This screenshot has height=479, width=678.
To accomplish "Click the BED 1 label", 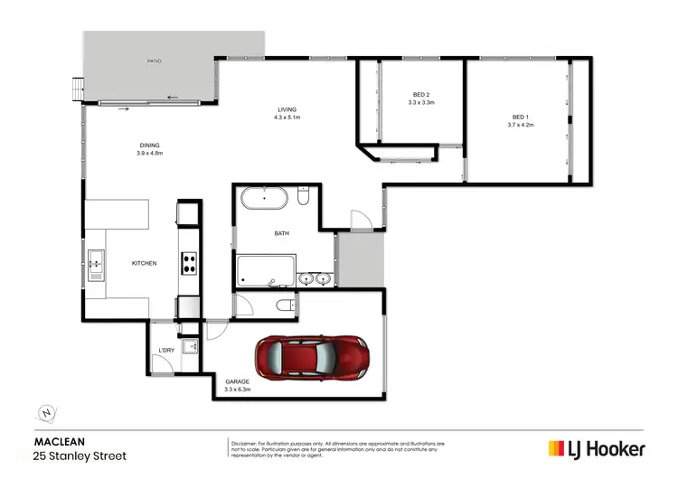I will (520, 117).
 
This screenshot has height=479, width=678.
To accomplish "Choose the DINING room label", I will (149, 146).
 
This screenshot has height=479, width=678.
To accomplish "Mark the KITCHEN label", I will (145, 263).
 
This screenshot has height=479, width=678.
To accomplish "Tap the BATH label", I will (282, 233).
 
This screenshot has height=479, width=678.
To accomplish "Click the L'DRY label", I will (165, 350).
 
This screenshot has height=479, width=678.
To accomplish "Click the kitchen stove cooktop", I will (190, 263).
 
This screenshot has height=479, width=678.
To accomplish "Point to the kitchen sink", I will (96, 263).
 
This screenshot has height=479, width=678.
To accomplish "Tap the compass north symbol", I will (46, 413).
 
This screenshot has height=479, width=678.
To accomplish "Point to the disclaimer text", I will (337, 448).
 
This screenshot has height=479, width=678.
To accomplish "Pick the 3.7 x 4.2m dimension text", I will (520, 125).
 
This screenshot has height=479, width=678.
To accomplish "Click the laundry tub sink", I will (191, 346).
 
